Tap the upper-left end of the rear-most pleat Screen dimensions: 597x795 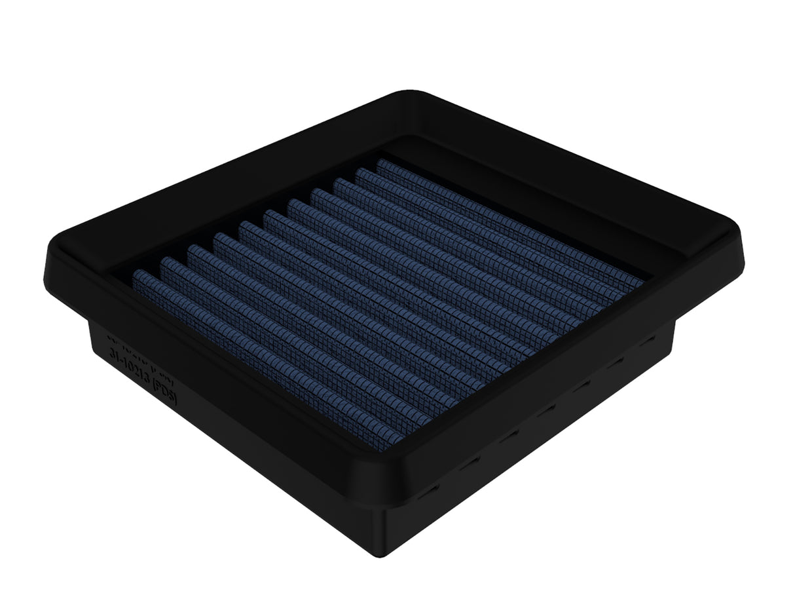380,163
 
